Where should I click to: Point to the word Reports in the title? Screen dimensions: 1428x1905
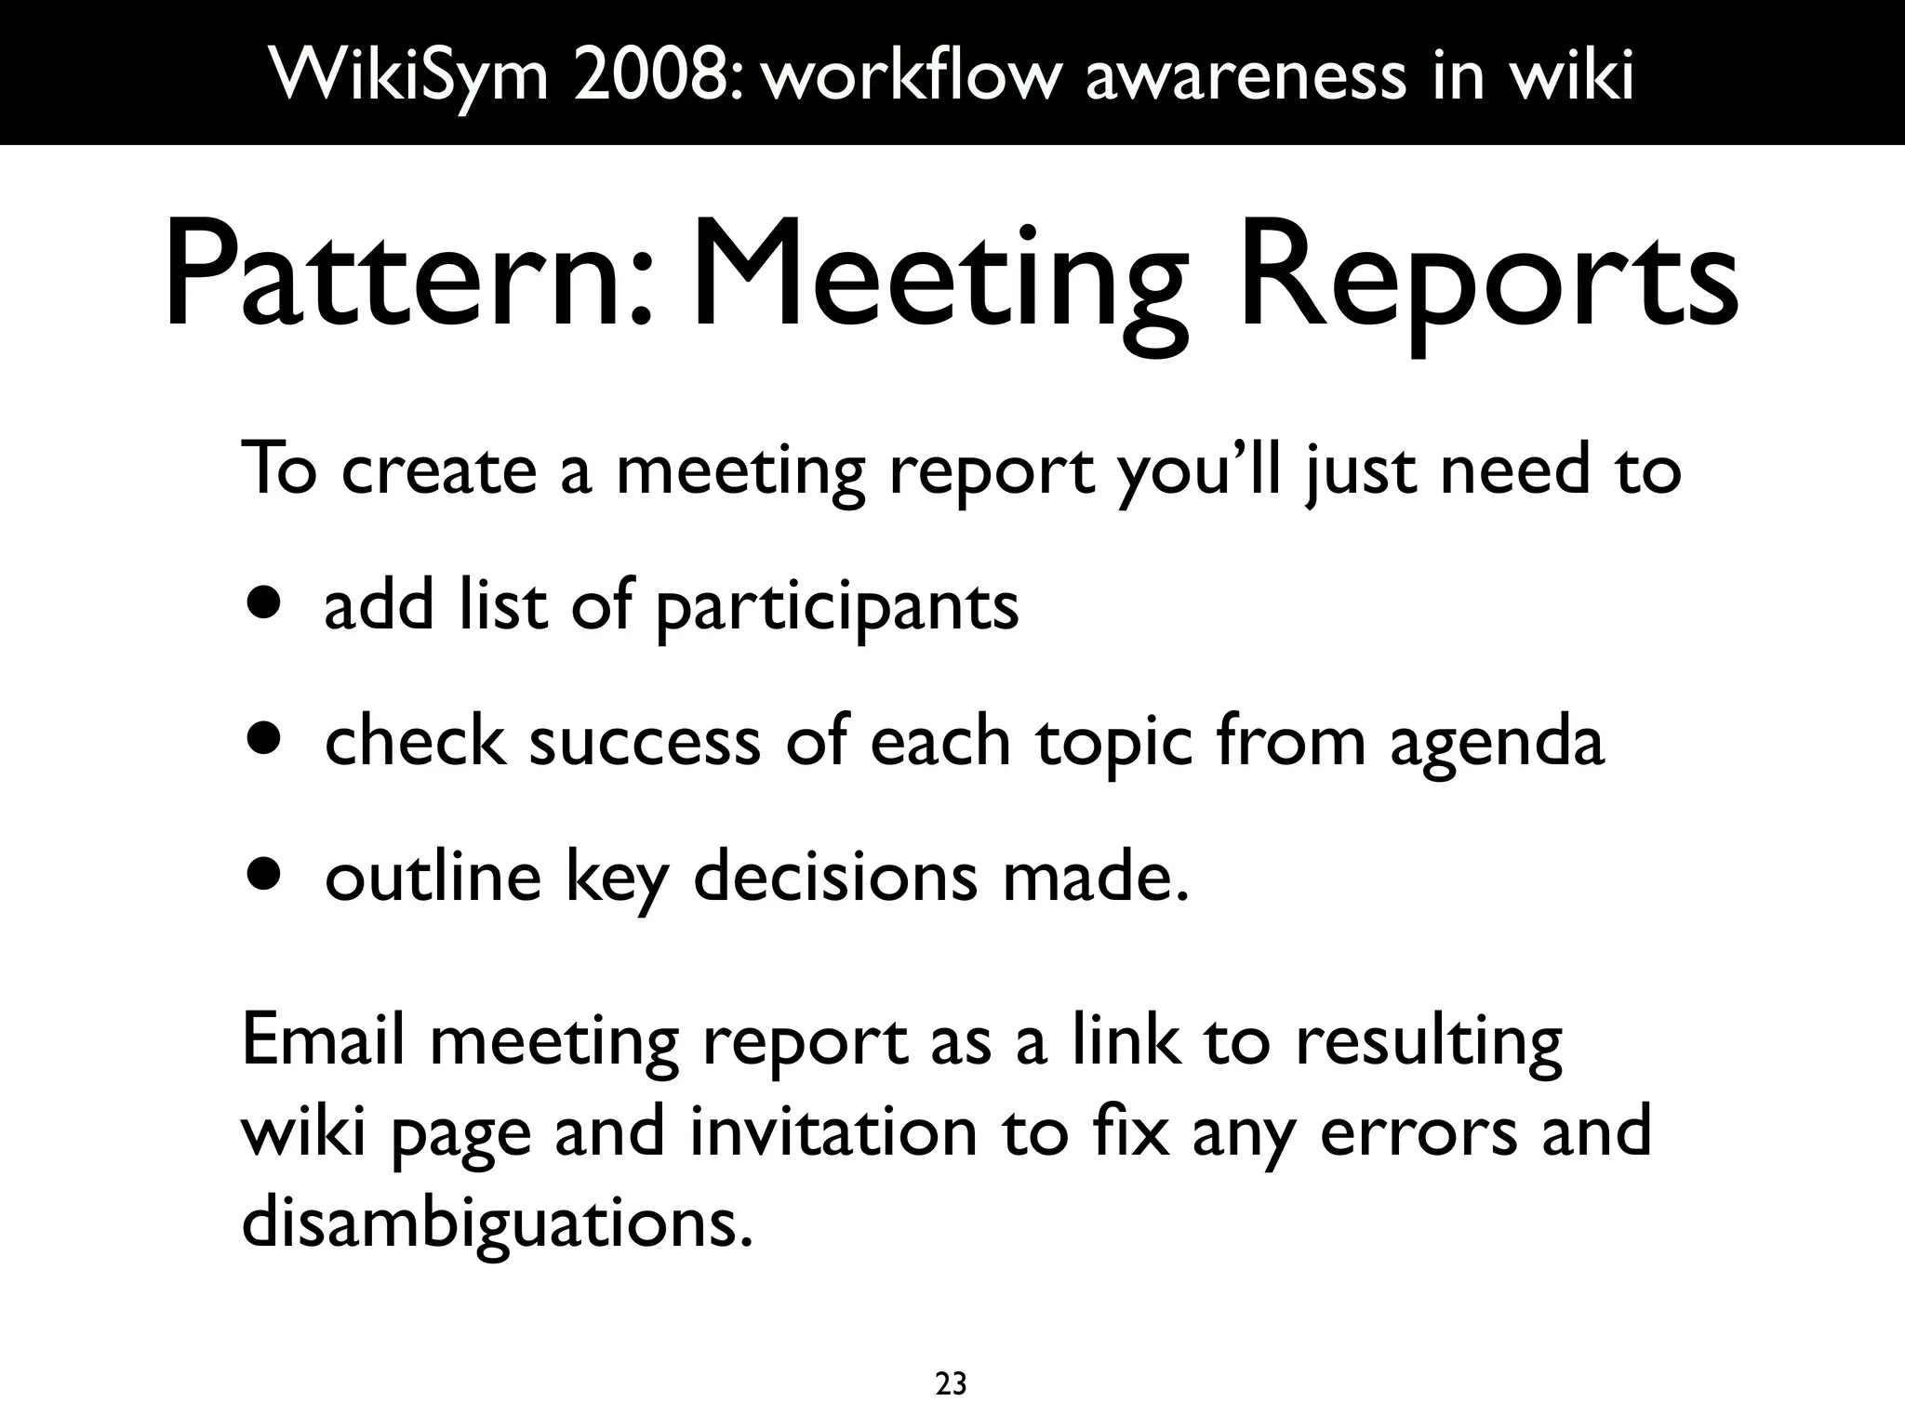tap(1486, 279)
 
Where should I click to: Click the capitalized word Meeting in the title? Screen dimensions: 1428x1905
tap(939, 279)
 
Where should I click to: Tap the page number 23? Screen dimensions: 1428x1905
tap(951, 1384)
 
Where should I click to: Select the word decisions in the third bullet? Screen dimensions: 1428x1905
tap(834, 876)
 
